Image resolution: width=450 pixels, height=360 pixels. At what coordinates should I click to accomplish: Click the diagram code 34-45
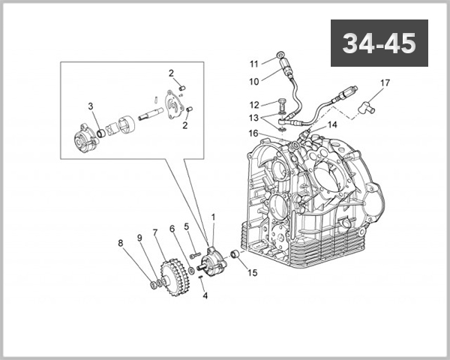tap(379, 43)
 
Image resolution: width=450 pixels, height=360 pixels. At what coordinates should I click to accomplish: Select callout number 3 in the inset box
tap(90, 106)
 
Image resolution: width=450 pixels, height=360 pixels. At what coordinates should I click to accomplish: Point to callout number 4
tap(205, 295)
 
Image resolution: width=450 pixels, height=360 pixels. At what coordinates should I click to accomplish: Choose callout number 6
tap(172, 229)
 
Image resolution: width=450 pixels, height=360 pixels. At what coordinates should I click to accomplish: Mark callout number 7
tap(155, 232)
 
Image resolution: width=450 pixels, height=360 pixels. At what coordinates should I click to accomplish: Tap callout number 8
tap(120, 242)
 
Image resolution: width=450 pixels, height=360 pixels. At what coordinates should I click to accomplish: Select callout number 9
tap(139, 238)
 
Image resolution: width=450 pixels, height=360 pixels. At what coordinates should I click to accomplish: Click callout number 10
tap(254, 80)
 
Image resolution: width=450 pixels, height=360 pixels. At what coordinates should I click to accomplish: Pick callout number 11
tap(254, 63)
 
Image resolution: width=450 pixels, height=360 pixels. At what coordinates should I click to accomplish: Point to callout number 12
tap(254, 104)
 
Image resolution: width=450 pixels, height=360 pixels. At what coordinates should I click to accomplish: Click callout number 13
tap(254, 118)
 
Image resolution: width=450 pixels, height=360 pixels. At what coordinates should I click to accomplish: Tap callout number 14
tap(332, 124)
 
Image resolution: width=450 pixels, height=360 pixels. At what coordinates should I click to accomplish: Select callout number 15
tap(252, 273)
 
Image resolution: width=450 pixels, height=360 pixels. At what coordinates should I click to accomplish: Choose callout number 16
tap(254, 133)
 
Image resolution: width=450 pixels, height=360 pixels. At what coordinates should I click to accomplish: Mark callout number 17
tap(385, 82)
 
